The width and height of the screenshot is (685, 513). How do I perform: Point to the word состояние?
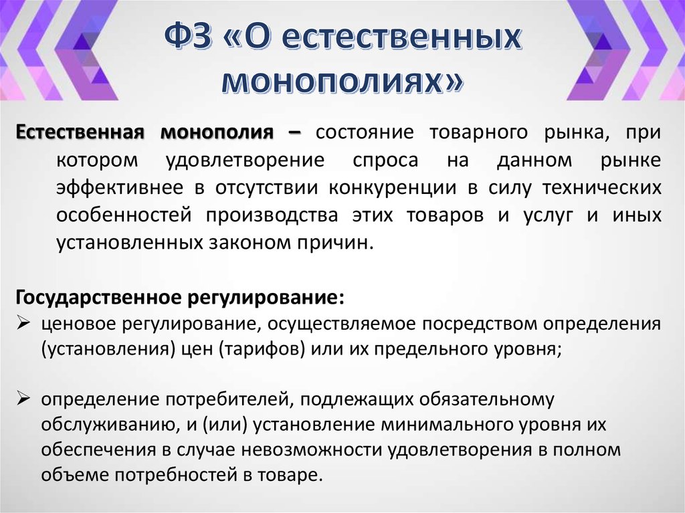point(366,132)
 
